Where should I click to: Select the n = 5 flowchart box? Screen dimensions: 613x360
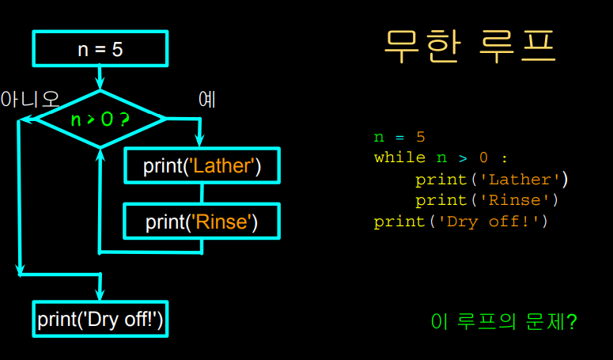(x=100, y=48)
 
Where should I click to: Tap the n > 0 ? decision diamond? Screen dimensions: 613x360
(x=100, y=119)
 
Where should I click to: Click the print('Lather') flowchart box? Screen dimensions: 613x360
(x=202, y=166)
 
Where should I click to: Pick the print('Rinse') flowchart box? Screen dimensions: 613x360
(x=202, y=222)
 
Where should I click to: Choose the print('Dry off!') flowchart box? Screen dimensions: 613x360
(x=100, y=319)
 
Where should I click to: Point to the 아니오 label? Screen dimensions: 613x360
(x=30, y=100)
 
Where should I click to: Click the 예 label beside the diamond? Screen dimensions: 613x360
(x=207, y=100)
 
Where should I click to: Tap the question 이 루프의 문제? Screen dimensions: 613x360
(x=503, y=322)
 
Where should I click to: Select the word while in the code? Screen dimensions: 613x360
(x=399, y=157)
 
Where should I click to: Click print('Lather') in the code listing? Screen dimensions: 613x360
(x=491, y=179)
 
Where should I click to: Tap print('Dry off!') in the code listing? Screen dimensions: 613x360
(x=460, y=222)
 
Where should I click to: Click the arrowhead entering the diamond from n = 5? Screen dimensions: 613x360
(x=100, y=82)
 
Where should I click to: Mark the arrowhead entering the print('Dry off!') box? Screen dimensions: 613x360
(x=100, y=294)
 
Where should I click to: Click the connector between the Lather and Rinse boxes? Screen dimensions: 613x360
(x=202, y=194)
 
